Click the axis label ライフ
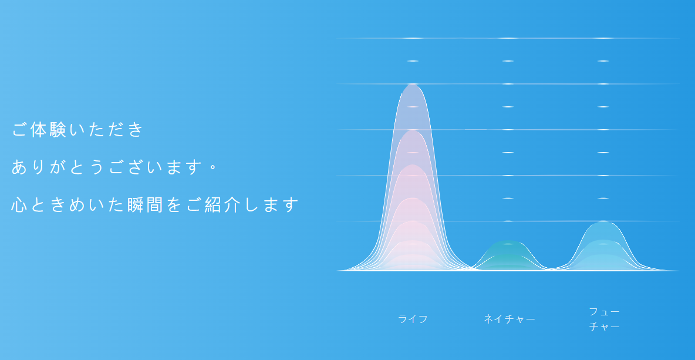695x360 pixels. tap(413, 319)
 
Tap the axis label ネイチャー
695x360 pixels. tap(509, 319)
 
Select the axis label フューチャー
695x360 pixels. tap(604, 319)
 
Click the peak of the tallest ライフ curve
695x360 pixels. tap(413, 84)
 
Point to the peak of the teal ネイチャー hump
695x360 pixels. tap(508, 241)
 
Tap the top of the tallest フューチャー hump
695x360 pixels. tap(603, 221)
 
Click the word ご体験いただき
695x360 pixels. tap(78, 129)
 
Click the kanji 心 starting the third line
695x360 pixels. tap(19, 205)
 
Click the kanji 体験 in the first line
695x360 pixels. tap(48, 129)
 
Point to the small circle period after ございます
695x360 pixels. tap(212, 167)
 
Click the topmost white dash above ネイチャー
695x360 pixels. tap(508, 38)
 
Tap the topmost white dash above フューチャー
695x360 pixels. tap(603, 38)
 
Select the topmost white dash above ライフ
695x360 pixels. tap(413, 38)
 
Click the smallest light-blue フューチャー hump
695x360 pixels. tap(603, 263)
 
